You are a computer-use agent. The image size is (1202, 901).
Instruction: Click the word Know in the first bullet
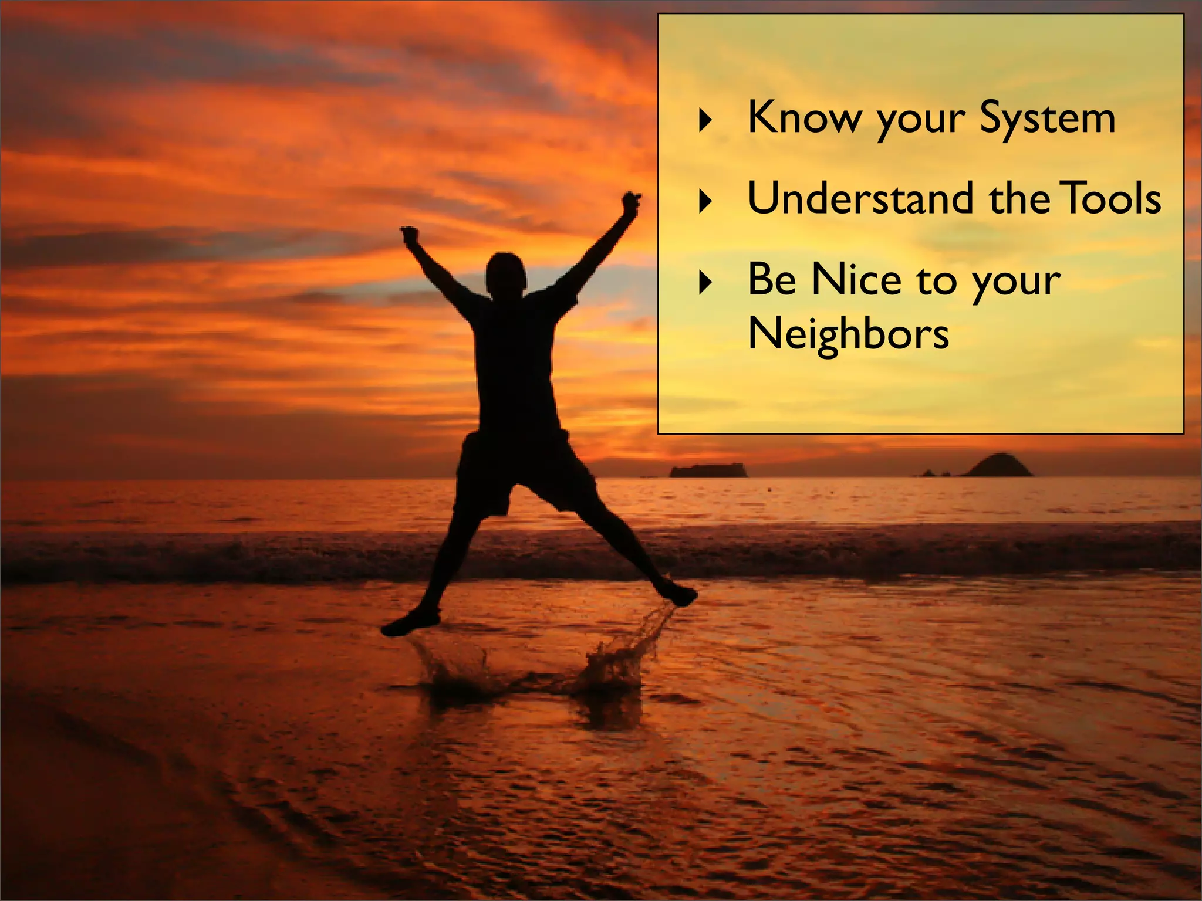coord(805,117)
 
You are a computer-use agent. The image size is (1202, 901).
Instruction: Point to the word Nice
coord(856,279)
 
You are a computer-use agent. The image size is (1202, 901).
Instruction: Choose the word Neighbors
coord(848,334)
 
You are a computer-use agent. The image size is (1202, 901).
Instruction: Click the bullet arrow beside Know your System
coord(706,120)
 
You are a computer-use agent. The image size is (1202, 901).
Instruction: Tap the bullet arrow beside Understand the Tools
coord(706,201)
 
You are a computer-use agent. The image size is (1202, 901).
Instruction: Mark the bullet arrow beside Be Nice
coord(706,282)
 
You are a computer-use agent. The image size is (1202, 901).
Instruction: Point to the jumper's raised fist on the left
coord(410,235)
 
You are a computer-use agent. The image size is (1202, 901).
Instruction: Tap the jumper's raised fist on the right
coord(631,201)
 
